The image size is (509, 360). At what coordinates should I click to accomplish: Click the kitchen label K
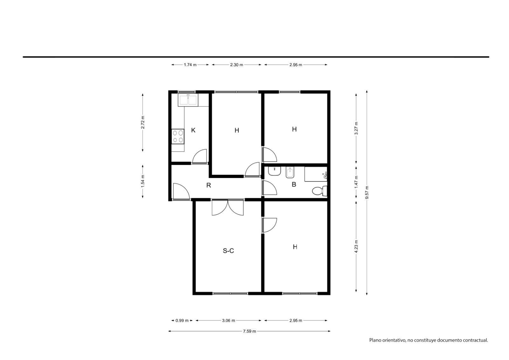pyautogui.click(x=193, y=130)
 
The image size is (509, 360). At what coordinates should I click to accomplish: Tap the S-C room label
pyautogui.click(x=228, y=251)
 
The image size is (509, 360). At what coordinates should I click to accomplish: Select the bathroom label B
pyautogui.click(x=294, y=184)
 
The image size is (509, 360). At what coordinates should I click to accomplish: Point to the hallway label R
pyautogui.click(x=209, y=185)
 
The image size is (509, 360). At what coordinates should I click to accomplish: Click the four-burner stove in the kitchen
pyautogui.click(x=178, y=137)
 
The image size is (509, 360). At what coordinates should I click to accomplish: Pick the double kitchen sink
pyautogui.click(x=188, y=100)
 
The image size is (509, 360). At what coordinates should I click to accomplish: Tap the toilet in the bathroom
pyautogui.click(x=320, y=191)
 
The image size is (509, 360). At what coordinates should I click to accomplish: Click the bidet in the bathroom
pyautogui.click(x=290, y=173)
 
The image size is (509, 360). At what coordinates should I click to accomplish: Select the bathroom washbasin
pyautogui.click(x=275, y=171)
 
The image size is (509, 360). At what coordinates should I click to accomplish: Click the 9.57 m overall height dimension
pyautogui.click(x=367, y=193)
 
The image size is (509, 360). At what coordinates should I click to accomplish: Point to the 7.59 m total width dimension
pyautogui.click(x=249, y=331)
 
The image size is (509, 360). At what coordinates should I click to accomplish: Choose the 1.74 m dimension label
pyautogui.click(x=190, y=65)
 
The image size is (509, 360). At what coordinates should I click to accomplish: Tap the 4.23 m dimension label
pyautogui.click(x=356, y=246)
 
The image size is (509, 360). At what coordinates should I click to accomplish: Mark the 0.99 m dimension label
pyautogui.click(x=182, y=321)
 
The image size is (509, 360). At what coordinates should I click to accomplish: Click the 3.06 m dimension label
pyautogui.click(x=229, y=321)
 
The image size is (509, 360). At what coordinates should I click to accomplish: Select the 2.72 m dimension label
pyautogui.click(x=143, y=122)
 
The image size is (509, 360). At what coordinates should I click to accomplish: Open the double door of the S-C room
pyautogui.click(x=228, y=208)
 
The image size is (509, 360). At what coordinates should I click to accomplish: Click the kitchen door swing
pyautogui.click(x=200, y=156)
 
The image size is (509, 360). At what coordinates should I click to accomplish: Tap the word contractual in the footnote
pyautogui.click(x=476, y=340)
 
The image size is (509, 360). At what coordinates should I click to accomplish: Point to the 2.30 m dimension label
pyautogui.click(x=237, y=65)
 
